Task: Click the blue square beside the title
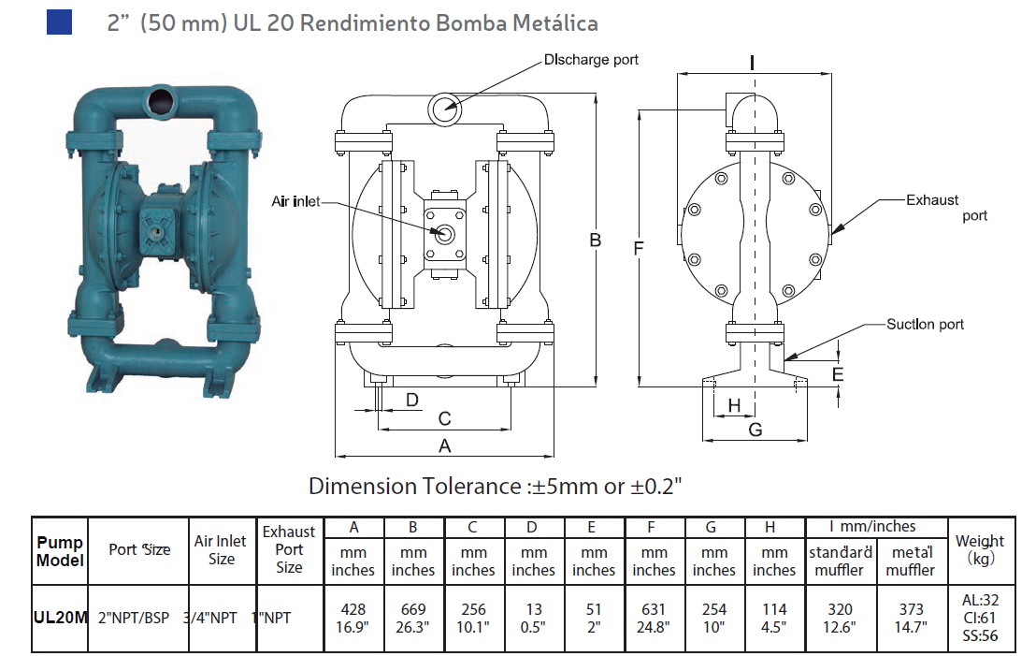59,22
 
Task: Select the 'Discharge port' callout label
591,60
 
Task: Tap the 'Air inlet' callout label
295,201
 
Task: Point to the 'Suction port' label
925,324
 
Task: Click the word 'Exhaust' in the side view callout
932,199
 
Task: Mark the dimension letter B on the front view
595,241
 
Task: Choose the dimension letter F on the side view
639,248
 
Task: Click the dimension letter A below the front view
445,446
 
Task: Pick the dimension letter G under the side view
755,430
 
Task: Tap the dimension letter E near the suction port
838,375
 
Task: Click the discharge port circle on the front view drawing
444,108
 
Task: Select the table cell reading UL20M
60,619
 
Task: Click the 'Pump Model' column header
60,551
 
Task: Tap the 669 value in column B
413,609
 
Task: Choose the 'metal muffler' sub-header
911,561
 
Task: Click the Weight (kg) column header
979,549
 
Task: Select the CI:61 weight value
980,619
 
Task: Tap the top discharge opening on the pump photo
160,98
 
